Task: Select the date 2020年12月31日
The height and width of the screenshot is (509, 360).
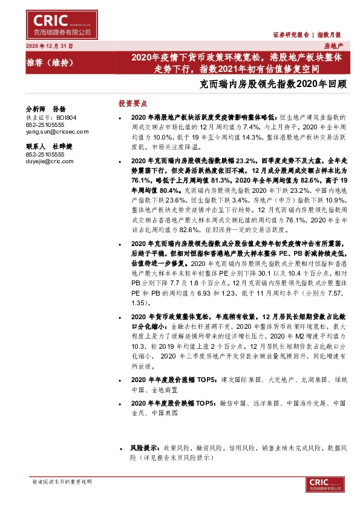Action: pyautogui.click(x=49, y=46)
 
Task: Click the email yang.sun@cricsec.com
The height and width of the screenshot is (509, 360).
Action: pyautogui.click(x=50, y=130)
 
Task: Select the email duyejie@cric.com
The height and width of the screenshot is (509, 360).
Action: pyautogui.click(x=45, y=161)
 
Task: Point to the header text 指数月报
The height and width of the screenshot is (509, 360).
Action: pyautogui.click(x=330, y=35)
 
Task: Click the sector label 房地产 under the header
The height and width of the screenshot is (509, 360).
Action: pyautogui.click(x=333, y=46)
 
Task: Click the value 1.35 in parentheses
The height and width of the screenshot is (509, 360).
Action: pyautogui.click(x=139, y=302)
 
